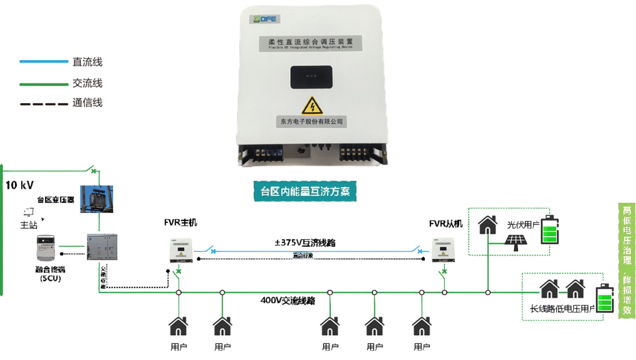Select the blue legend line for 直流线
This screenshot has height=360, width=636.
coord(44,62)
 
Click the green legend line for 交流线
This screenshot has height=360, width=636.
coord(44,83)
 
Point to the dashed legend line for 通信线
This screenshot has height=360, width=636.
coord(44,103)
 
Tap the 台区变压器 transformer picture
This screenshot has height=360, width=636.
coord(97,198)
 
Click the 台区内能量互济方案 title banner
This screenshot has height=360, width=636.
coord(305,191)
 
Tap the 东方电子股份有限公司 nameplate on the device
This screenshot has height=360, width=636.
coord(312,121)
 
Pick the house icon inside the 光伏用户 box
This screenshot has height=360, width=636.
coord(488,225)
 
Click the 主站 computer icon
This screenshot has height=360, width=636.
coord(29,211)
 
